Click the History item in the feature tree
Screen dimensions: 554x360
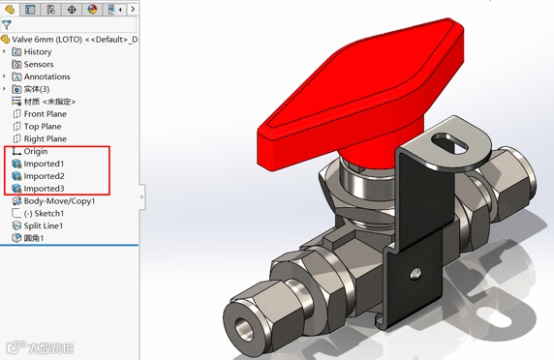(32, 52)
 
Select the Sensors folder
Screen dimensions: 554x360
(33, 64)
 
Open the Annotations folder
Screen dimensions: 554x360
(41, 76)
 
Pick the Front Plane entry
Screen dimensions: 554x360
(40, 114)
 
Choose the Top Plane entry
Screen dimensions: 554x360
(37, 127)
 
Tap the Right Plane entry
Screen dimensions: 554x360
(40, 138)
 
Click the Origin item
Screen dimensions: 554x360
(30, 151)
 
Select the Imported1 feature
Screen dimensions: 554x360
(38, 164)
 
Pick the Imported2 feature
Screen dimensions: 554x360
(38, 176)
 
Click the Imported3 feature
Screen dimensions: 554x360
(38, 189)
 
